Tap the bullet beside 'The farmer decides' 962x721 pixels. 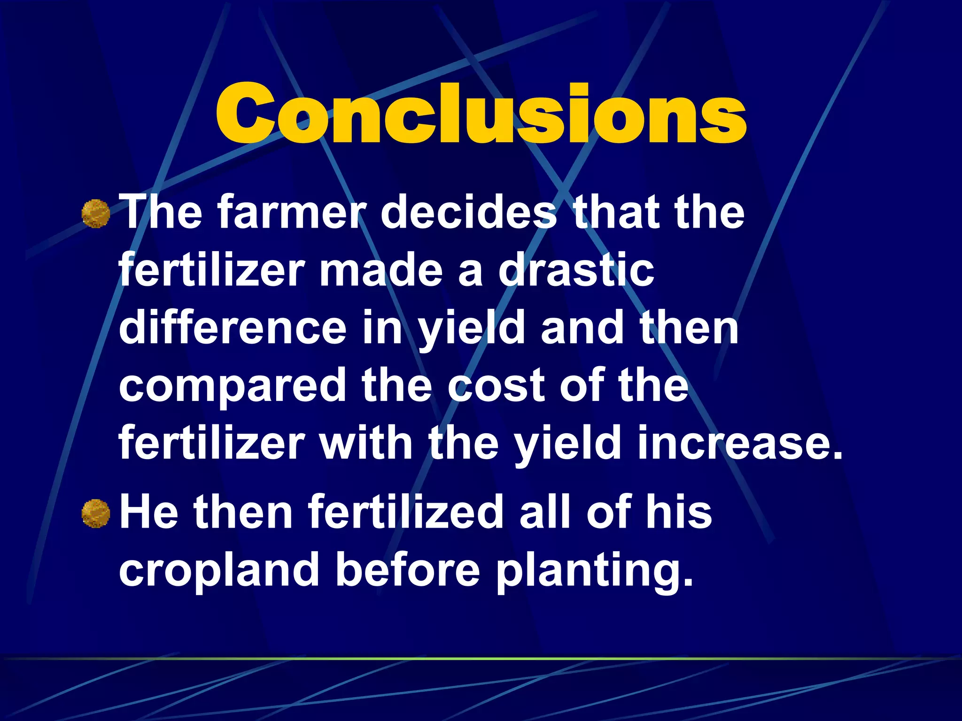(x=96, y=214)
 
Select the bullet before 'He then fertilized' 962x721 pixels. (x=96, y=513)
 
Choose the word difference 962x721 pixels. (x=233, y=328)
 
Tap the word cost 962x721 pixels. (x=496, y=386)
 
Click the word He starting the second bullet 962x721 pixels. (x=149, y=512)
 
